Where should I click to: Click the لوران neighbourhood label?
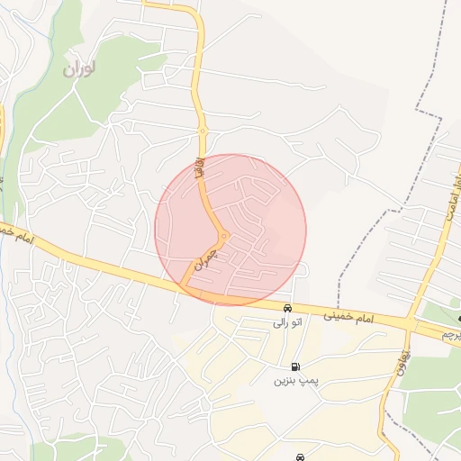pyautogui.click(x=80, y=68)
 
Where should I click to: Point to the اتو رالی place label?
pyautogui.click(x=283, y=321)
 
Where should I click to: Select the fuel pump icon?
pyautogui.click(x=295, y=367)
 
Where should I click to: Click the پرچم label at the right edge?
pyautogui.click(x=451, y=334)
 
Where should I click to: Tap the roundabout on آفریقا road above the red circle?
pyautogui.click(x=203, y=131)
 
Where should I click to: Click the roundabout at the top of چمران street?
pyautogui.click(x=222, y=236)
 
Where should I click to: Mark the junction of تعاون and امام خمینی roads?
pyautogui.click(x=410, y=323)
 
